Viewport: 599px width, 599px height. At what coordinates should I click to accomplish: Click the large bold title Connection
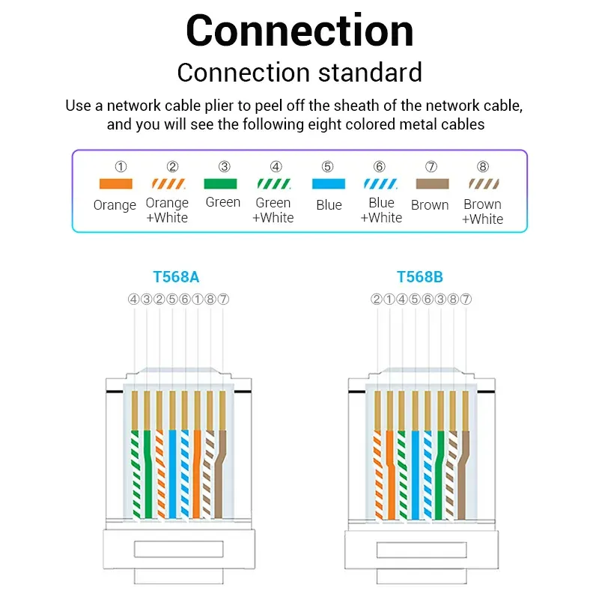click(299, 31)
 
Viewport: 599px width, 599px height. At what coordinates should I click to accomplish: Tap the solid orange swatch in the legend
click(115, 183)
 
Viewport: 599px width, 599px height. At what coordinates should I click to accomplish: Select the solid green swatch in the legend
click(222, 183)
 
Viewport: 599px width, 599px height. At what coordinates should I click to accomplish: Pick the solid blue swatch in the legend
click(328, 183)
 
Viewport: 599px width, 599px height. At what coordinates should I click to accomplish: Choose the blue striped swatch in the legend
click(381, 183)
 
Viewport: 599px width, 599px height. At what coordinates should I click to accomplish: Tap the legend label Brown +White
click(482, 211)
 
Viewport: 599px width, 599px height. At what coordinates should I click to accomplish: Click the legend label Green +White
click(273, 210)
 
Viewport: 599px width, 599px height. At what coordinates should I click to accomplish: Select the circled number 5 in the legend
click(328, 167)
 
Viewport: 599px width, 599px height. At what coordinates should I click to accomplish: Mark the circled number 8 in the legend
click(482, 167)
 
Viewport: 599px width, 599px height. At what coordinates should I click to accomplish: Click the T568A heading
click(176, 277)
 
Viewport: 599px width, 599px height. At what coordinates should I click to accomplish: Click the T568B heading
click(419, 277)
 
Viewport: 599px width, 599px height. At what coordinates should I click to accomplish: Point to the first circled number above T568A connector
click(134, 299)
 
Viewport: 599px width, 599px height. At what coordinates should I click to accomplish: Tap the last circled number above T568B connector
click(466, 299)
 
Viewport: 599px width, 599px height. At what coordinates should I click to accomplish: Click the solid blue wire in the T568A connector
click(172, 472)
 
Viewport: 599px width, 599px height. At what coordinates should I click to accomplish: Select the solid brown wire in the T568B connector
click(466, 472)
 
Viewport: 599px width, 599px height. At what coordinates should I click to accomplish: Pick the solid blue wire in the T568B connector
click(415, 472)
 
